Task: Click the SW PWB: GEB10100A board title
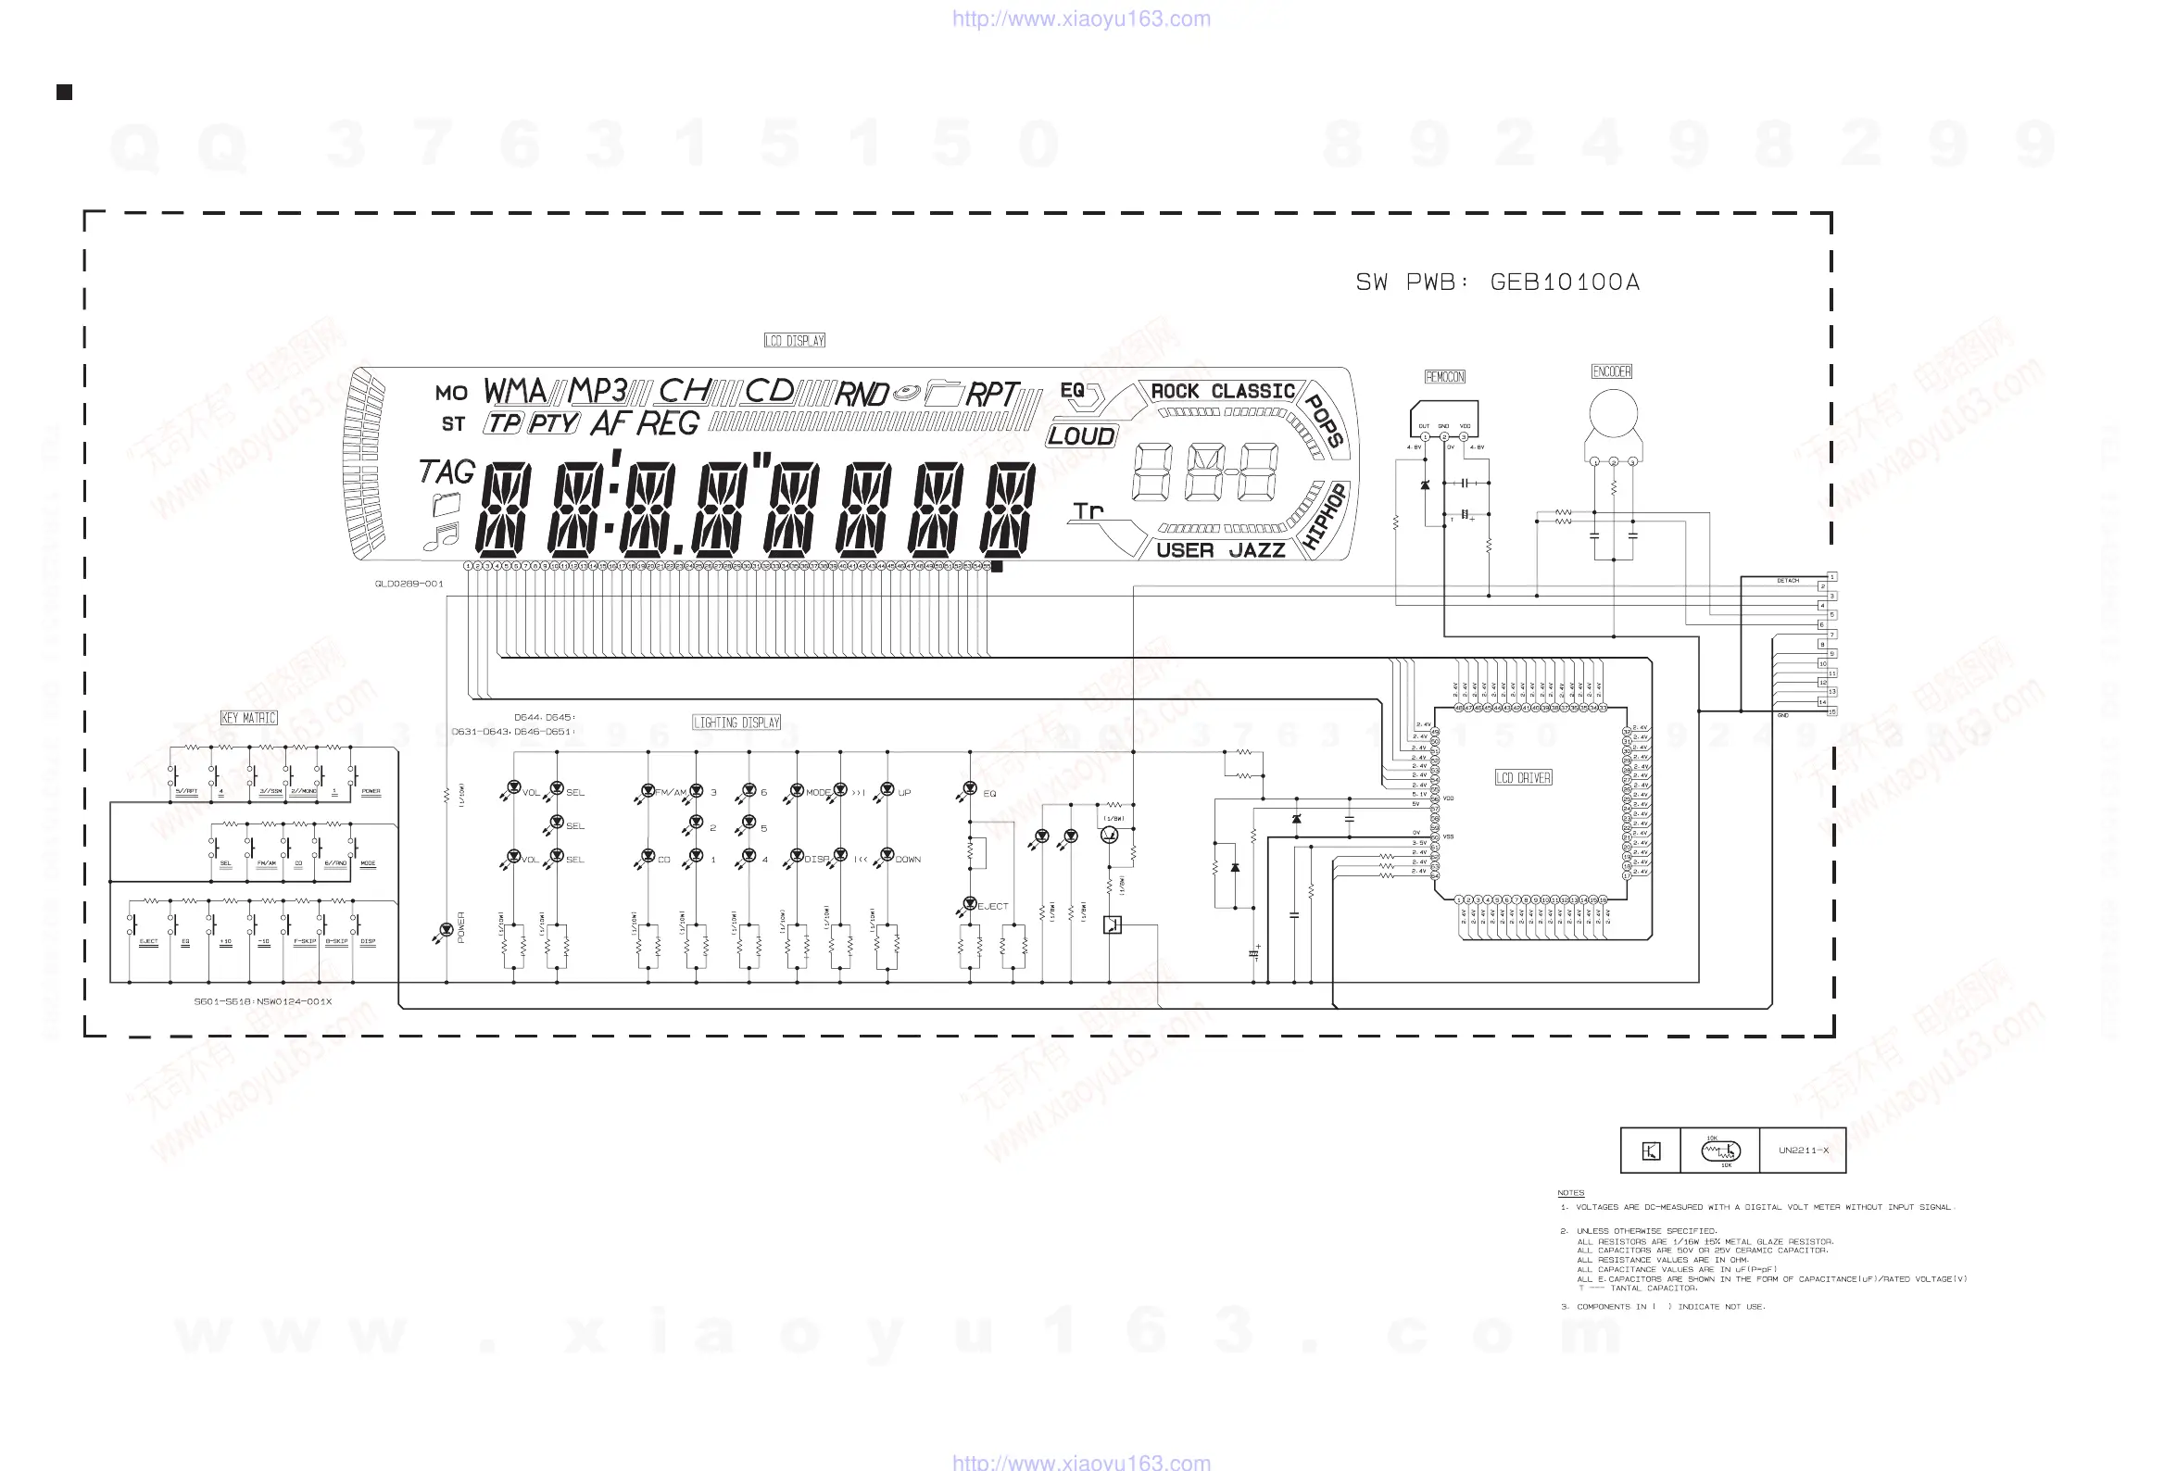1497,283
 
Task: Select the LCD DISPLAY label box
794,341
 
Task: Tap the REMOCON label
1444,377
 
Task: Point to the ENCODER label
1611,371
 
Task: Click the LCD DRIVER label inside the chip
1523,777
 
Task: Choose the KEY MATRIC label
248,718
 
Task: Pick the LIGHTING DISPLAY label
736,723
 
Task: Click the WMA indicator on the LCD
515,391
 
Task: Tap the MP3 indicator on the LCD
597,391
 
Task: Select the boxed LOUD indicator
1081,435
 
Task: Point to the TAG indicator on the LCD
447,471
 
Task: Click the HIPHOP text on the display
1324,516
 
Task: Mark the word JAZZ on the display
1256,550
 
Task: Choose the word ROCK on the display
1175,391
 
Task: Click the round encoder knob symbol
1613,414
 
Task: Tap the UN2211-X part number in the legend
1803,1150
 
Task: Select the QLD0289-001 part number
409,584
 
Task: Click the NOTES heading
1570,1192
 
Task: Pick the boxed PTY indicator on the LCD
553,423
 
